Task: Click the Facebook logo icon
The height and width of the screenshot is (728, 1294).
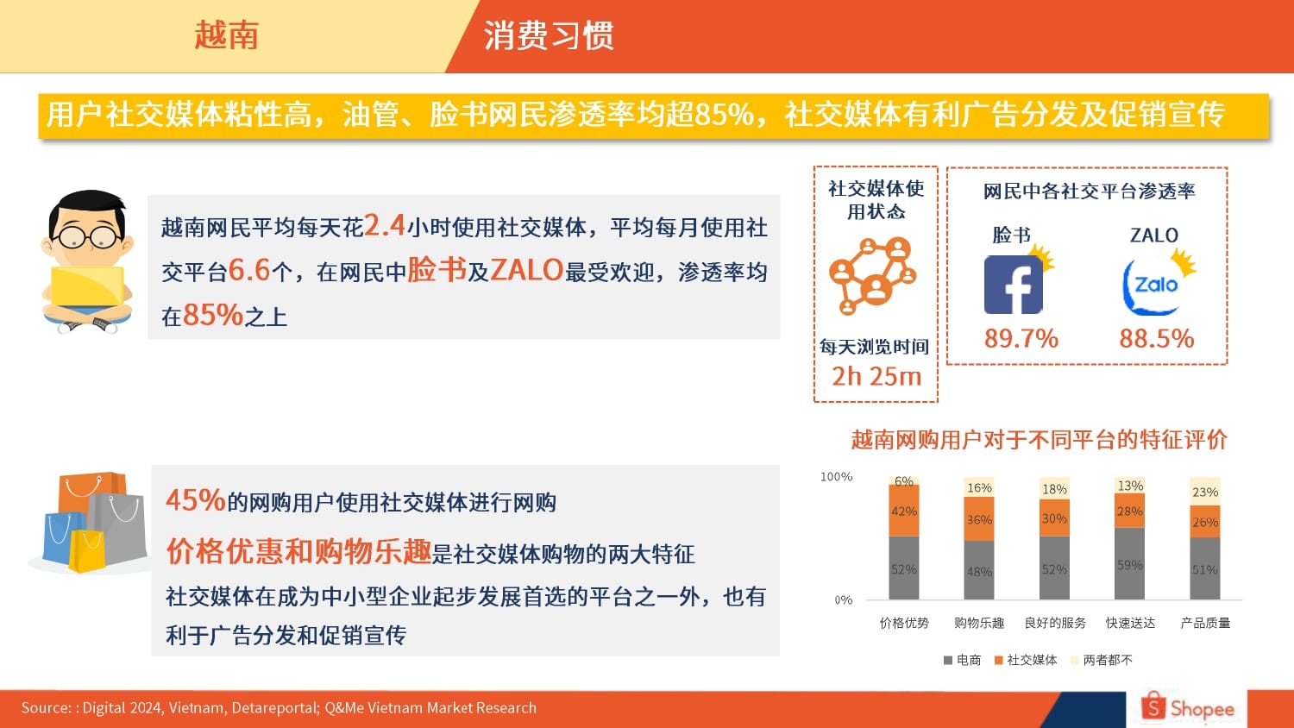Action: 1014,285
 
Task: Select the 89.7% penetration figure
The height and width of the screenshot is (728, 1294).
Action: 1021,338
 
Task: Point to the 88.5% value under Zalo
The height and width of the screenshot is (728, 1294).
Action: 1157,338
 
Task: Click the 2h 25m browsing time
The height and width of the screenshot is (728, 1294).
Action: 876,376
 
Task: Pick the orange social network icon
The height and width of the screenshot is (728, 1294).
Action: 873,276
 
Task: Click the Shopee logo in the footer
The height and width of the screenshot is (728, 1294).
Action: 1188,706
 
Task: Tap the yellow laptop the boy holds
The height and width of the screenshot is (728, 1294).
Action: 87,286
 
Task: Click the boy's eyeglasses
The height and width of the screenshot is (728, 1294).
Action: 86,236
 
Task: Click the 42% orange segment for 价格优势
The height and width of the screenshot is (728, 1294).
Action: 904,510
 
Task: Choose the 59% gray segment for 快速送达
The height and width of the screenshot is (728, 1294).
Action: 1129,563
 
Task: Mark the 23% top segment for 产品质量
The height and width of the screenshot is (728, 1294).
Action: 1205,492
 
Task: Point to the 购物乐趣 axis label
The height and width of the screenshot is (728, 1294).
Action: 979,623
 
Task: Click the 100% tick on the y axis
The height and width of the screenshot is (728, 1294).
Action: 837,477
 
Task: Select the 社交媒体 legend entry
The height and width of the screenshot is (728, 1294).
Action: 1026,660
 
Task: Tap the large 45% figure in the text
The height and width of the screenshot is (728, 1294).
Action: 195,500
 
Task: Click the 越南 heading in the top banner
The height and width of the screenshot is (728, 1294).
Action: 226,35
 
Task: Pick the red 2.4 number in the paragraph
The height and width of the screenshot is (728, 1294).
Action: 385,225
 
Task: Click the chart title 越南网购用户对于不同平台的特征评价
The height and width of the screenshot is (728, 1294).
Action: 1040,440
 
